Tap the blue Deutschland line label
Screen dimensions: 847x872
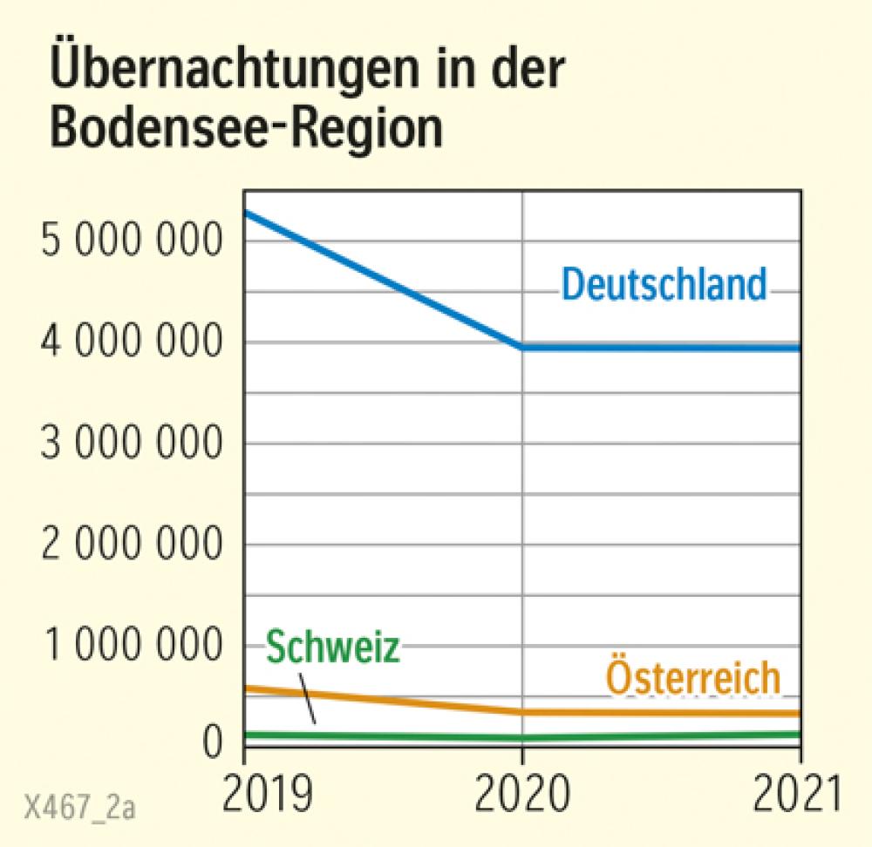(664, 285)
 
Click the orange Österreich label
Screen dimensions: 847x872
(692, 679)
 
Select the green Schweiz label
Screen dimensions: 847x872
(332, 648)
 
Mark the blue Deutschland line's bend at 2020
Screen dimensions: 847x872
(522, 347)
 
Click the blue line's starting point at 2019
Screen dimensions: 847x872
(246, 213)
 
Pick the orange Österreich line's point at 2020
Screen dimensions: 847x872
(522, 712)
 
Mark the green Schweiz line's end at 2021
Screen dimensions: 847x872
(798, 735)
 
